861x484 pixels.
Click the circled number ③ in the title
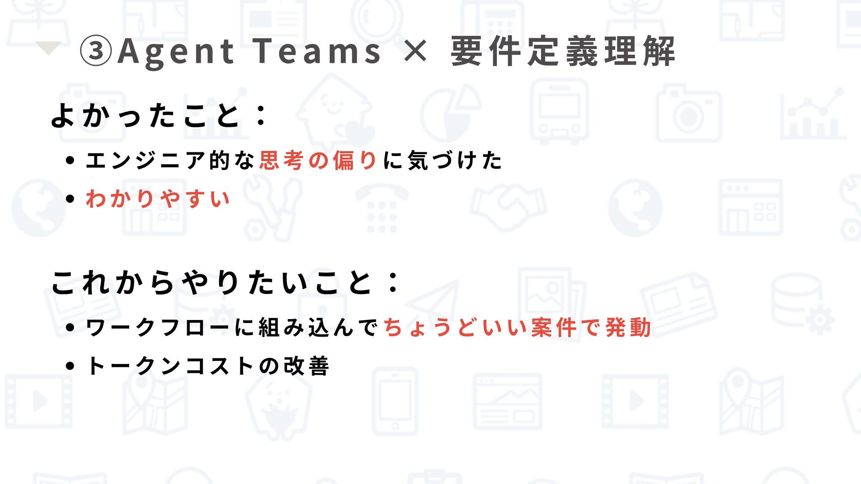(96, 51)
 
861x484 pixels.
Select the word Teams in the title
(317, 51)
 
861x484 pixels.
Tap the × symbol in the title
(415, 51)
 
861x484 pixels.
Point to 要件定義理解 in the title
(563, 51)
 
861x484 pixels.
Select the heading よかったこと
(146, 115)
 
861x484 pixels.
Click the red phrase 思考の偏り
(318, 160)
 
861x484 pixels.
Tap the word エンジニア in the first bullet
(146, 160)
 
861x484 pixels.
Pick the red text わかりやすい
(158, 199)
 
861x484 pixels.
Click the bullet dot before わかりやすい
(70, 199)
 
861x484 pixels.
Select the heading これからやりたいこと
(211, 283)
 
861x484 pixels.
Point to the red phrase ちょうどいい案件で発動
(517, 328)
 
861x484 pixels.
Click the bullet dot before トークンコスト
(70, 366)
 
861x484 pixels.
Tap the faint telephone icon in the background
(382, 208)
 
